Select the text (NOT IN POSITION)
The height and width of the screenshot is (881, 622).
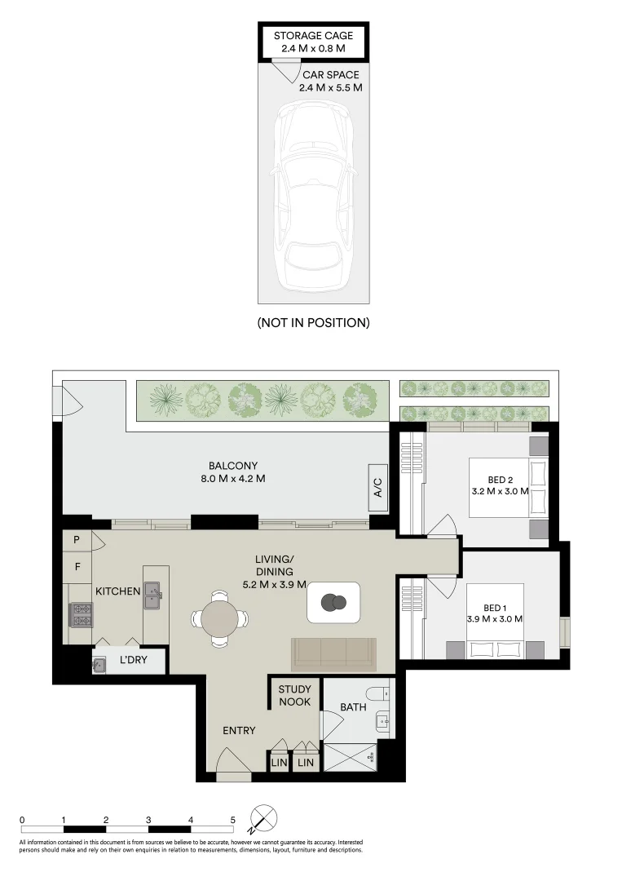click(314, 323)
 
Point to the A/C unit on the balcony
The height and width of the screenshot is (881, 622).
click(377, 489)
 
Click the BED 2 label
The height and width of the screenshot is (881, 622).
click(500, 480)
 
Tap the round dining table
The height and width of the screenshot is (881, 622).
click(218, 618)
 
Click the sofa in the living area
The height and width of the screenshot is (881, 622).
click(333, 654)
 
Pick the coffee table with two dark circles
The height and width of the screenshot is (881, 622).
click(333, 603)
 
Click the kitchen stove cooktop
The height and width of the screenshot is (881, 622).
click(81, 613)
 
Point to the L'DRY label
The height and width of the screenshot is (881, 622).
click(133, 660)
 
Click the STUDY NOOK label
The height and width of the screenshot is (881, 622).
click(294, 696)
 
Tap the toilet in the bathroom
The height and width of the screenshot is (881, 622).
click(379, 694)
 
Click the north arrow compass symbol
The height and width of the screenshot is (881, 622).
click(265, 819)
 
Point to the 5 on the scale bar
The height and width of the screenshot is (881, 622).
click(232, 819)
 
